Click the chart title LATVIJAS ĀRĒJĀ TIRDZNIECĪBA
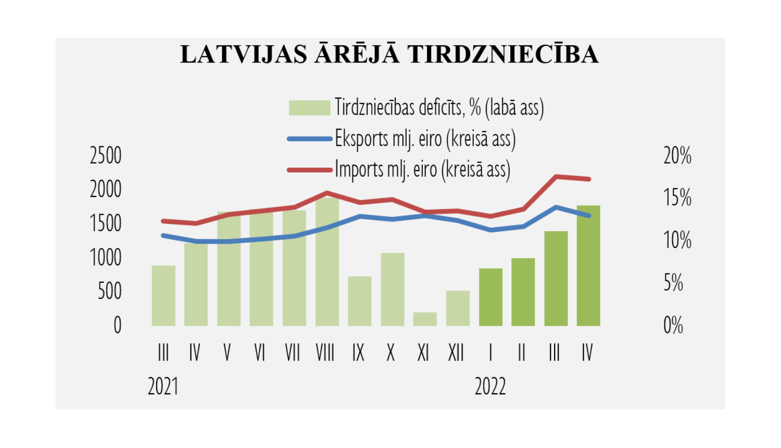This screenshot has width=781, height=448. point(389,55)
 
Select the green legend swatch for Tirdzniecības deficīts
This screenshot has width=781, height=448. point(309,108)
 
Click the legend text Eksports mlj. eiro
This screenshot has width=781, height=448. point(425,139)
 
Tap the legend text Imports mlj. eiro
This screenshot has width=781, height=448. point(422,170)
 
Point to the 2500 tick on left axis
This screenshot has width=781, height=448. point(106,156)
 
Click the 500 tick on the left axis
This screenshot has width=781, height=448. point(109,291)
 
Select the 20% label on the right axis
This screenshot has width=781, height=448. point(677,156)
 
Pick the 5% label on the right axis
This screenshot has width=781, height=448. point(673,283)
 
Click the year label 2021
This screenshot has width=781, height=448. point(163,387)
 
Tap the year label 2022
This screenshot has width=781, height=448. point(490,387)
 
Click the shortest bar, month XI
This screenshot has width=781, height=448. point(425,319)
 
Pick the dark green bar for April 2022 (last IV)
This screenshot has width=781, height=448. point(588,266)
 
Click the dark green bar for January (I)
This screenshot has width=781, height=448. point(490,297)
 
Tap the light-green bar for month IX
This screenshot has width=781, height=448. point(360,301)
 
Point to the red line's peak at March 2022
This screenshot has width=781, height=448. point(557,177)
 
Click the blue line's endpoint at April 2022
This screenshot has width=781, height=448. point(589,216)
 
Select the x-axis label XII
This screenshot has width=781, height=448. point(456,353)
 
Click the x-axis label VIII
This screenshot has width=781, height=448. point(325,353)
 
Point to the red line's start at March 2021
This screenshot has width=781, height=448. point(163,221)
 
